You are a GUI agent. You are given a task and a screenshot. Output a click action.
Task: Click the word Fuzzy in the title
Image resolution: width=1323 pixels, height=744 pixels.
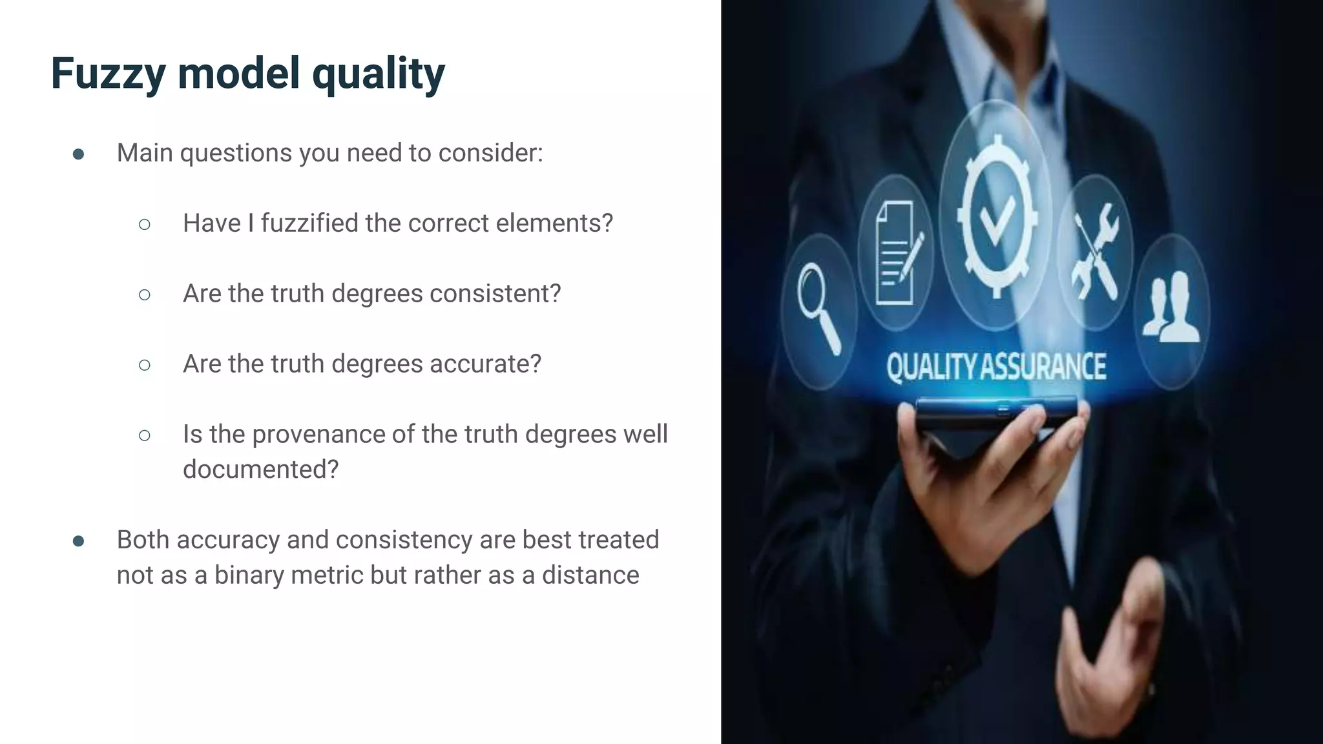(x=108, y=74)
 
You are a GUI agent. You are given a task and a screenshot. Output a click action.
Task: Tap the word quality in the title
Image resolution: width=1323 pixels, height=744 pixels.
(x=379, y=74)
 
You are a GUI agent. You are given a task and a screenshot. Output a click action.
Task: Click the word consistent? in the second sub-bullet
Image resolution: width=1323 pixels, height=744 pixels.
(x=495, y=294)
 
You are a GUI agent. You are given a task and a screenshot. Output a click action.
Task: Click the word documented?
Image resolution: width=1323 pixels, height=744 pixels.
(x=260, y=470)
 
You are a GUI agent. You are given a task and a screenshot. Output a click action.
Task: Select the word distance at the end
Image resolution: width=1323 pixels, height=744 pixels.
(x=590, y=575)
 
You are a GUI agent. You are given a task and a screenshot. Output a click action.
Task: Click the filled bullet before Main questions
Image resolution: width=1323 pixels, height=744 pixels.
(x=79, y=154)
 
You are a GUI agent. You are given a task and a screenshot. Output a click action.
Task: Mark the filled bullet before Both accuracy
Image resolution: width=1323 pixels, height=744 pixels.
(x=79, y=541)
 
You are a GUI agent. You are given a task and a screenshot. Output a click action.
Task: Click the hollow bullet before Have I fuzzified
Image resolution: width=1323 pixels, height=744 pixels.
(x=145, y=224)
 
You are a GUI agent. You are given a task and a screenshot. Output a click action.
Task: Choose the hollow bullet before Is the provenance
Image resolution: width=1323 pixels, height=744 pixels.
(x=145, y=435)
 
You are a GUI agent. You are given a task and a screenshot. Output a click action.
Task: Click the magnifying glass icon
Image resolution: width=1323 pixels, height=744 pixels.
(x=818, y=307)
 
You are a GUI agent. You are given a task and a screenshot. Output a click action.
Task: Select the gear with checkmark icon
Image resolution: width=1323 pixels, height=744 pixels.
(x=997, y=216)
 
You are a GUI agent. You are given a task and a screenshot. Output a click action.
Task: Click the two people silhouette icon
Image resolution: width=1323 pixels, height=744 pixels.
(x=1171, y=307)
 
